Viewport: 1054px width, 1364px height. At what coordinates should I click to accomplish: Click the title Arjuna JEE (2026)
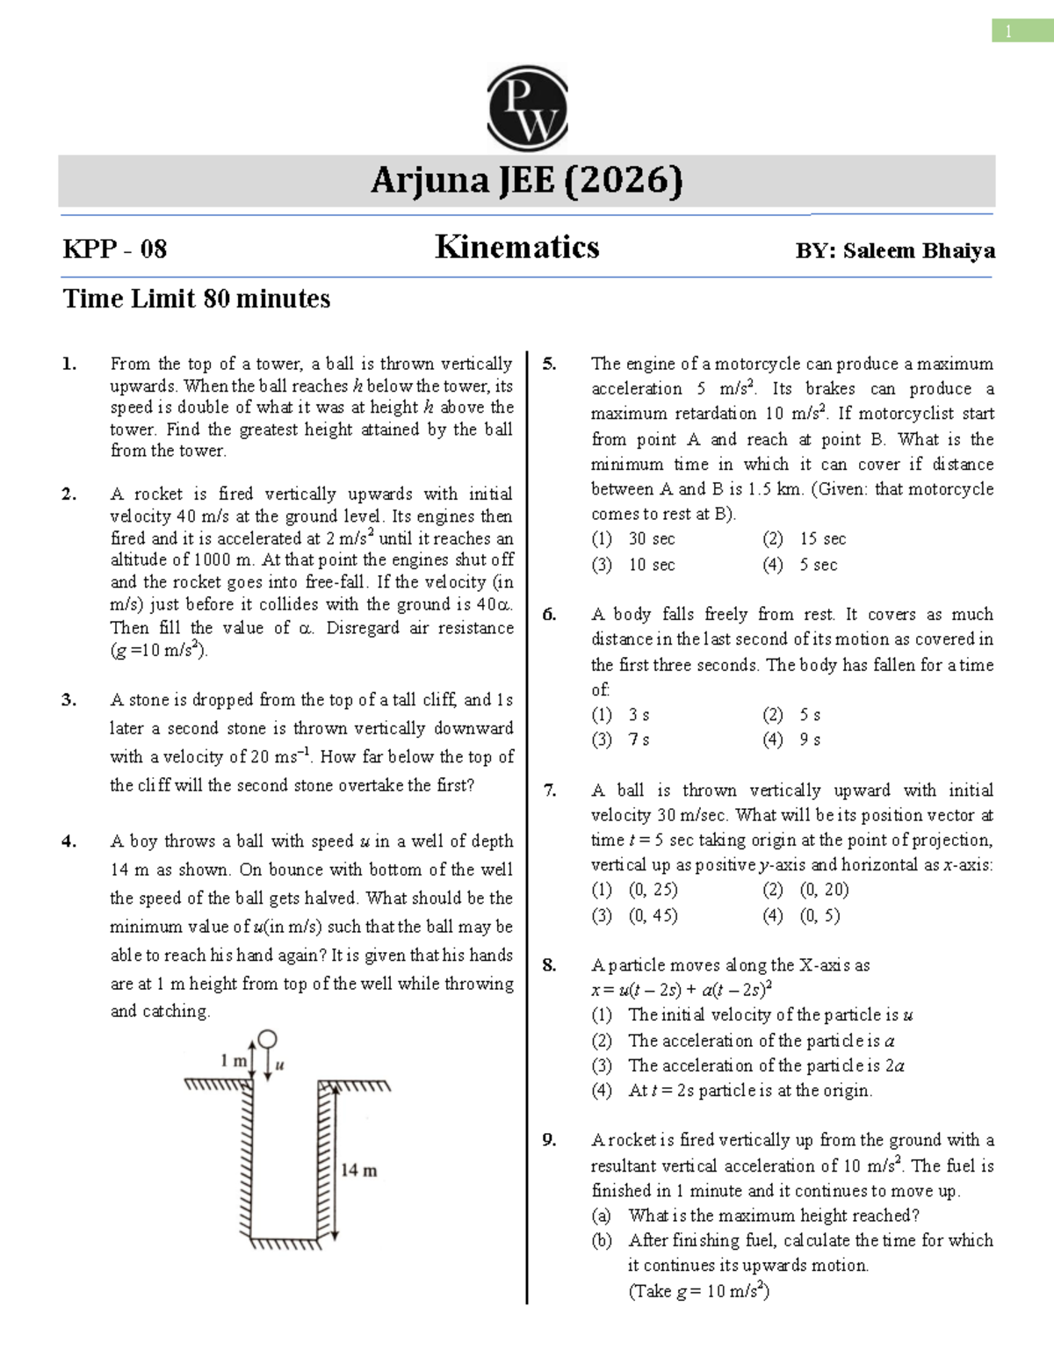coord(526,181)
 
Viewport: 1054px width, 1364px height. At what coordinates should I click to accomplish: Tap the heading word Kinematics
coord(516,248)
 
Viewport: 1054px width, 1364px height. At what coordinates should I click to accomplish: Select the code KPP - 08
coord(114,249)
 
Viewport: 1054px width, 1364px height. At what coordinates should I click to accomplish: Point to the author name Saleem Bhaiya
coord(918,251)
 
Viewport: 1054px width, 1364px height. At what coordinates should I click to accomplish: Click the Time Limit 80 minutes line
coord(196,300)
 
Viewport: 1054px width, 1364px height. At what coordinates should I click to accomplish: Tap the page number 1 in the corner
coord(1008,32)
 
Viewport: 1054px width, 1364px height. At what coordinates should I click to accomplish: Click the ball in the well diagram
coord(266,1040)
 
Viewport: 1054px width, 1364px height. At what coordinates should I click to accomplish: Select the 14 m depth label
coord(358,1171)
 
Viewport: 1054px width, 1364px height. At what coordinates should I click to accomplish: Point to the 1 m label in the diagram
coord(233,1061)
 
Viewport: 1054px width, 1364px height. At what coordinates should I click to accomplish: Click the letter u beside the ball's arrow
coord(280,1065)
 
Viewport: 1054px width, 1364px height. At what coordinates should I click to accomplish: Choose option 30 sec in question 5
coord(651,538)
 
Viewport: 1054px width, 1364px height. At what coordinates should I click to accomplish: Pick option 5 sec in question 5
coord(818,565)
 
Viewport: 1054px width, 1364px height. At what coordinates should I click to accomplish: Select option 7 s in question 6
coord(639,740)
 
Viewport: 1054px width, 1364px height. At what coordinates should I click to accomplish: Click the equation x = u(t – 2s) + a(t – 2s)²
coord(682,990)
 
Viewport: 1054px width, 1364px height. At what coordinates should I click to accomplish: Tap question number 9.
coord(549,1140)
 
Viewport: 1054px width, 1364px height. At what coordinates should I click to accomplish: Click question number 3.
coord(69,700)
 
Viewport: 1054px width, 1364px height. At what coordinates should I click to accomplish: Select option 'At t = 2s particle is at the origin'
coord(750,1091)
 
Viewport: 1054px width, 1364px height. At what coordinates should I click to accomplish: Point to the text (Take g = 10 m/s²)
coord(698,1291)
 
